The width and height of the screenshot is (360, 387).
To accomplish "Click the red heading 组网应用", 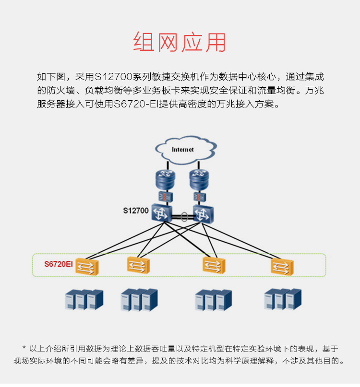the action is [x=180, y=42].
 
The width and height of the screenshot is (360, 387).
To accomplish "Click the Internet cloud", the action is [x=186, y=150].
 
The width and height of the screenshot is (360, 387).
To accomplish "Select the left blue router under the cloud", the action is [x=166, y=180].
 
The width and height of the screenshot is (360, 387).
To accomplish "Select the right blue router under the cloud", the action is [x=199, y=180].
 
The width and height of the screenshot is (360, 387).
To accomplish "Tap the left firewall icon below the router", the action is [x=166, y=197].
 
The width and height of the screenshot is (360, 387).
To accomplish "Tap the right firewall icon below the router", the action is [x=200, y=197].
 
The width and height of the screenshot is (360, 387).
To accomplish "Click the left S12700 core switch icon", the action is [x=162, y=212].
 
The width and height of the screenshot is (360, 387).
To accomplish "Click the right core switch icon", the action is [x=204, y=214].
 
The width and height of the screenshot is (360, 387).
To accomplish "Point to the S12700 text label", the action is [x=136, y=211].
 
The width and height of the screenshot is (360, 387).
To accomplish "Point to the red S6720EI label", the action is [x=59, y=264].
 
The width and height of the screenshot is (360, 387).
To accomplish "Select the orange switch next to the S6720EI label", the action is [x=87, y=267].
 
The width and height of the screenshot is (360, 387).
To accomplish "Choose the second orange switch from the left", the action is [x=138, y=265].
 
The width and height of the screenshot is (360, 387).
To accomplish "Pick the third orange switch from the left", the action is [x=214, y=265].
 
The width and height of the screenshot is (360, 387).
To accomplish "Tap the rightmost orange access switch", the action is [x=282, y=267].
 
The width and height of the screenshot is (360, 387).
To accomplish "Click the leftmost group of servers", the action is [x=84, y=300].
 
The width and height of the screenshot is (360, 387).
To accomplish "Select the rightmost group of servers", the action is [x=283, y=299].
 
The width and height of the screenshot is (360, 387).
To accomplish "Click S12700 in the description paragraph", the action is [x=113, y=77].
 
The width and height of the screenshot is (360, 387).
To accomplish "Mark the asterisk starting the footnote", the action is [x=24, y=348].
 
